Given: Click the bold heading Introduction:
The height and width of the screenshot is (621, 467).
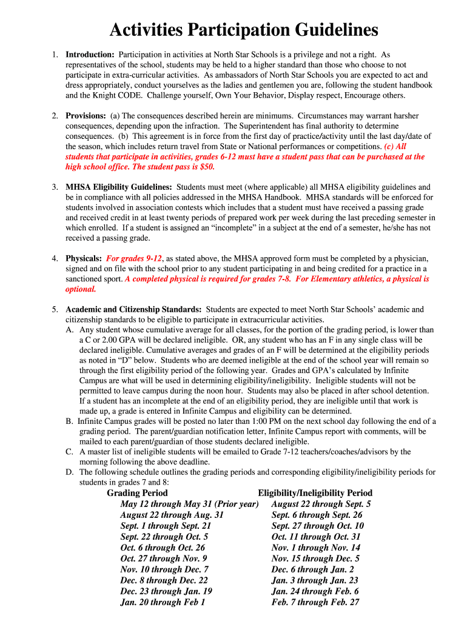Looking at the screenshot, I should [90, 55].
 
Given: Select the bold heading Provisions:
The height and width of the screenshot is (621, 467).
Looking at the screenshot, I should [86, 115].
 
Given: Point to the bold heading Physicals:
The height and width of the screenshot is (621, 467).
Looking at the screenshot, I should [84, 258].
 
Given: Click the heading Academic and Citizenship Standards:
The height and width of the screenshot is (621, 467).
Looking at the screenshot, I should [134, 309].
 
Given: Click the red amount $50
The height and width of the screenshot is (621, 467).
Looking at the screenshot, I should [206, 167].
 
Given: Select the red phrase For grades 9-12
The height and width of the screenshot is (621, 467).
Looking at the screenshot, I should [135, 258].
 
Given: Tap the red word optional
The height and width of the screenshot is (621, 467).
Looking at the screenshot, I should [81, 289].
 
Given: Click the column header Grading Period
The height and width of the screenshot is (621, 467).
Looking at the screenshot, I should [137, 493].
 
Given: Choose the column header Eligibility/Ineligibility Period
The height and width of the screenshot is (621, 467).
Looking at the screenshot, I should [315, 493].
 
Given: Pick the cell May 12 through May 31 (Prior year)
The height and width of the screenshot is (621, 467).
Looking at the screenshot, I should [189, 504].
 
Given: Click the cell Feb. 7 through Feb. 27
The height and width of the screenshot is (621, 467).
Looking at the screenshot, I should [315, 602].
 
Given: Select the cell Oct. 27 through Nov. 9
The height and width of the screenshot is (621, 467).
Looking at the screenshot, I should [164, 559].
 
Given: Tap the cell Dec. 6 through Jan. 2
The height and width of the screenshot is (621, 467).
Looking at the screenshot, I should [312, 569].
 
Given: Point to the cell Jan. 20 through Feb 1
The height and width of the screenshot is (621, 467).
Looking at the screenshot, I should [163, 602].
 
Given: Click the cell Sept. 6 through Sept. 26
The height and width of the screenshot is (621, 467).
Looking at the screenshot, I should [317, 515].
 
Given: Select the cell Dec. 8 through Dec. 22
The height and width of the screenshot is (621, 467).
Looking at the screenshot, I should [164, 580].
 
